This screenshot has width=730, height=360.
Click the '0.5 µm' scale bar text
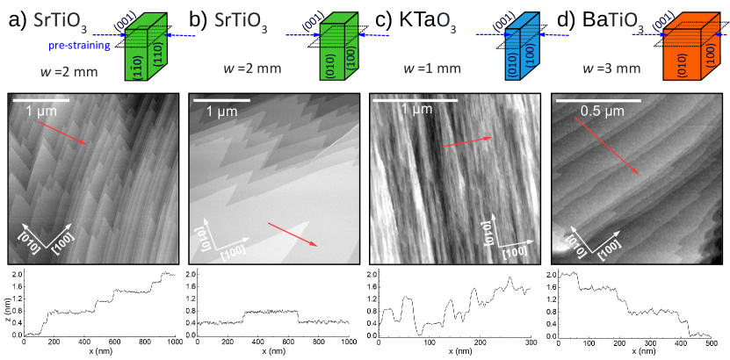tap(604, 112)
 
